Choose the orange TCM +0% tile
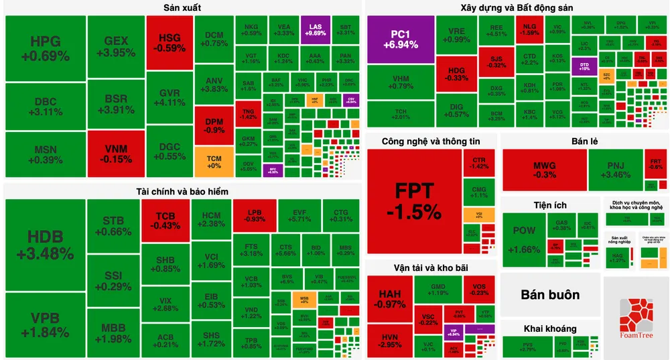coord(214,161)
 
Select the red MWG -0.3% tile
coord(544,170)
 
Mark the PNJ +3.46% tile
coord(615,170)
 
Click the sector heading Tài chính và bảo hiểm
coord(182,192)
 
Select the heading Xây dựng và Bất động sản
coord(517,8)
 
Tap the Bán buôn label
coord(550,295)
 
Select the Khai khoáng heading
coord(550,328)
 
